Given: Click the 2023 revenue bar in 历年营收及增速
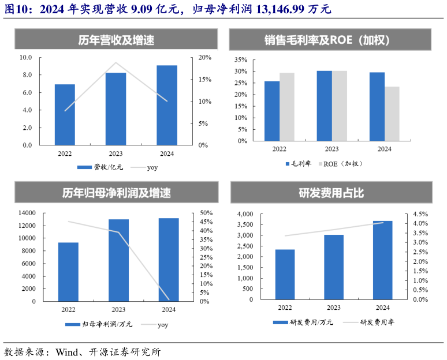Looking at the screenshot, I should pos(116,108).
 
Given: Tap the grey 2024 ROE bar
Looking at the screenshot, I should pos(392,114).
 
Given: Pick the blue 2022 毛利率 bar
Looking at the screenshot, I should pos(272,111).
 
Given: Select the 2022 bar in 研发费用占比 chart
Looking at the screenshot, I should pos(284,275).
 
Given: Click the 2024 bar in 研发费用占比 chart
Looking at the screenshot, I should pos(382,260).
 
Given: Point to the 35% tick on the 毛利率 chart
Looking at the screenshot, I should pos(241,59).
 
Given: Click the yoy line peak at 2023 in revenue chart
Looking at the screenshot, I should pos(116,63).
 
